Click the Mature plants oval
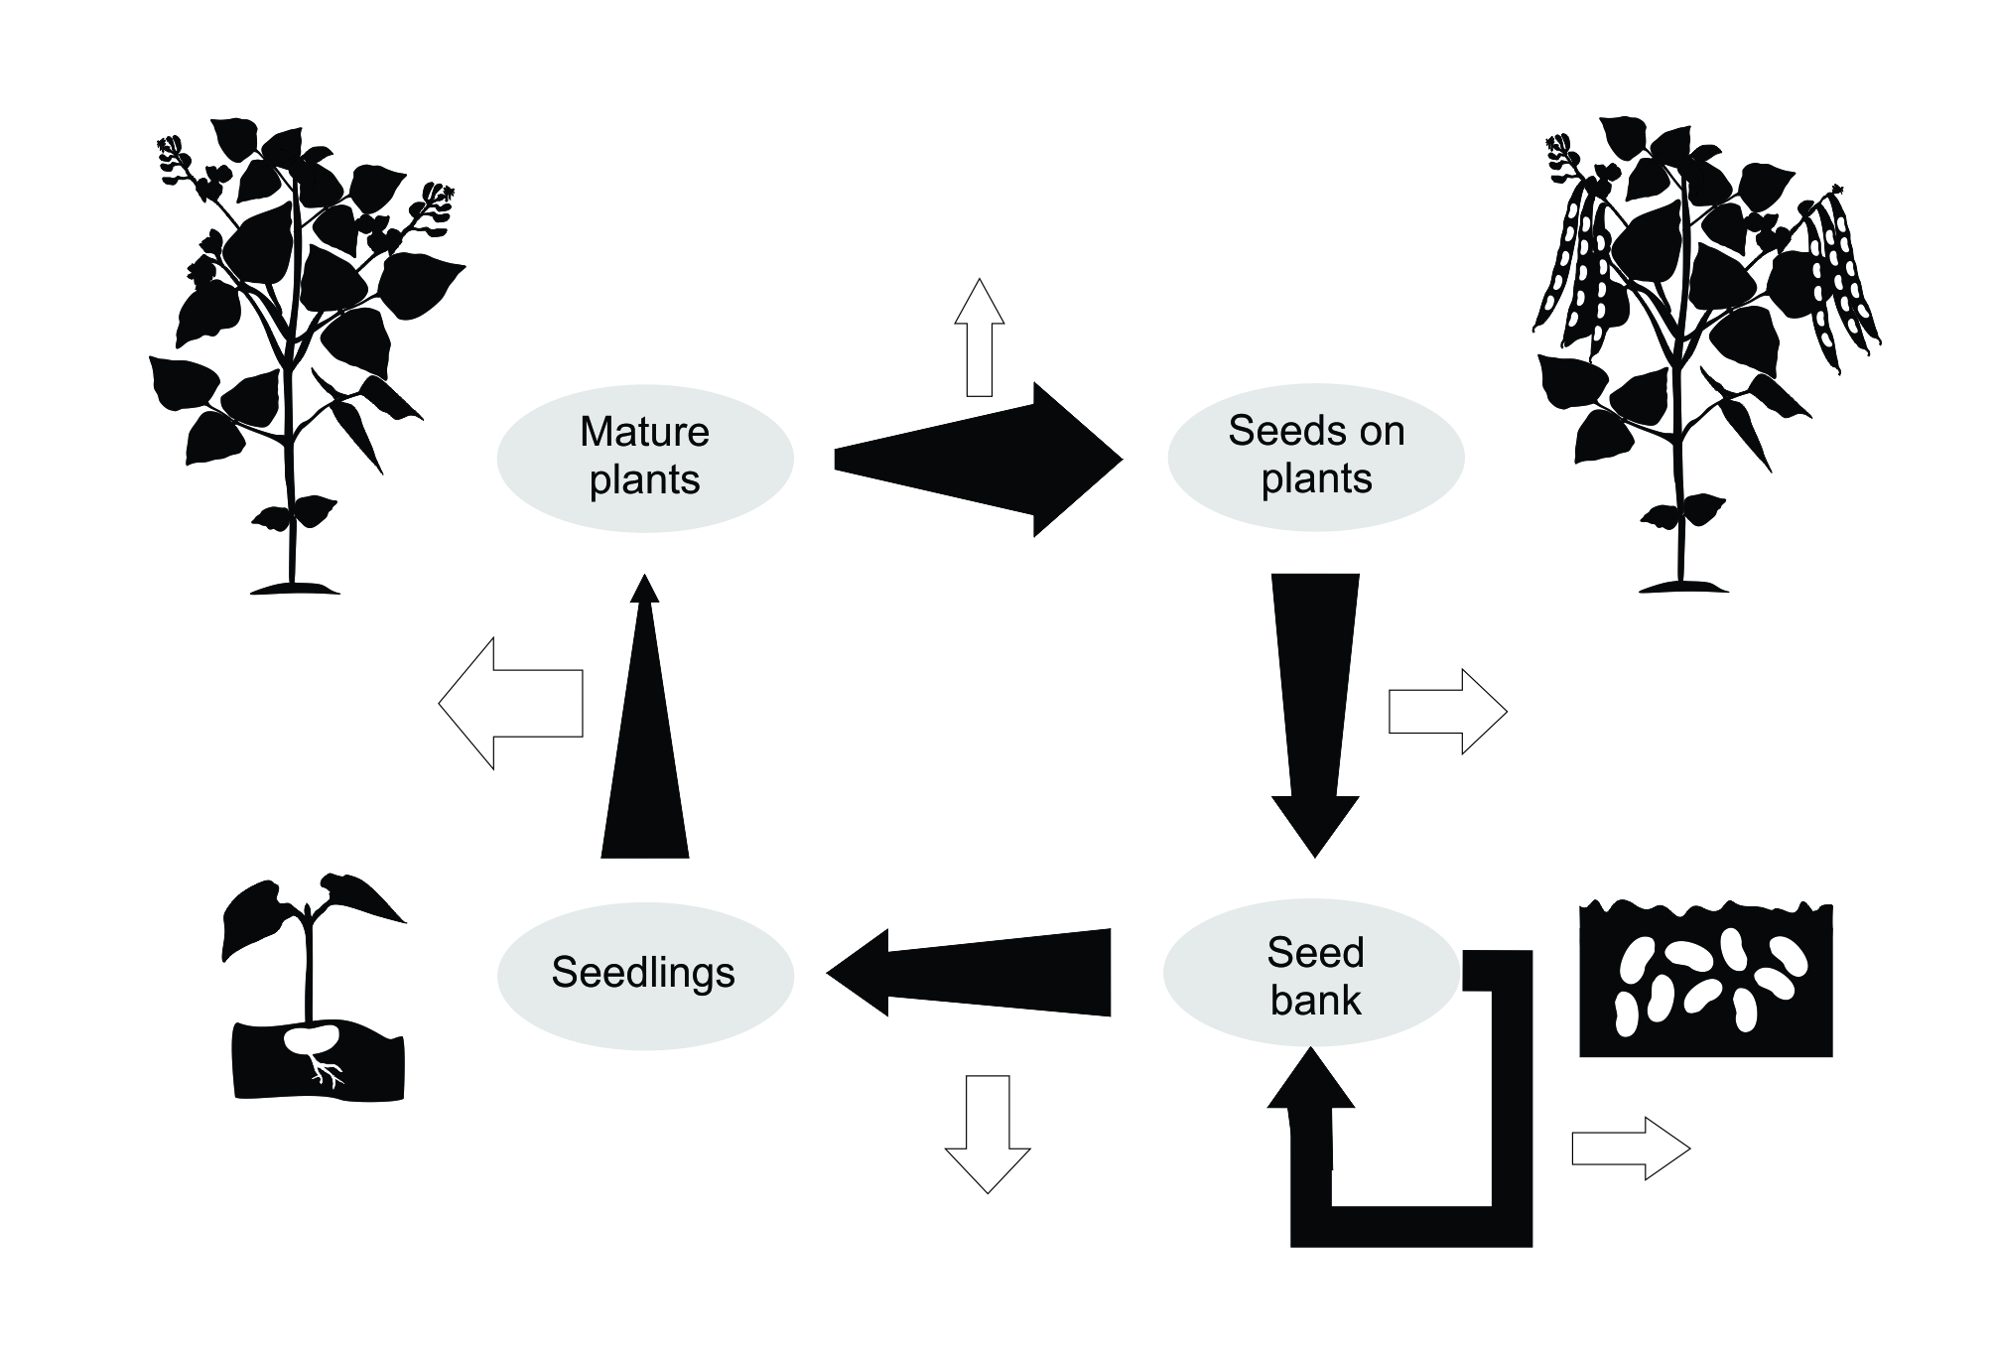click(645, 458)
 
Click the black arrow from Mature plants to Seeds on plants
click(978, 459)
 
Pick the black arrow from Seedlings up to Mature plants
click(645, 735)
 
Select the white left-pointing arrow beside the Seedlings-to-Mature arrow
click(510, 703)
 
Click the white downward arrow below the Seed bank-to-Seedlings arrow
click(988, 1132)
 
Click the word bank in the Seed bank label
click(1315, 1000)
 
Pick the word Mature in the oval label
click(644, 432)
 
